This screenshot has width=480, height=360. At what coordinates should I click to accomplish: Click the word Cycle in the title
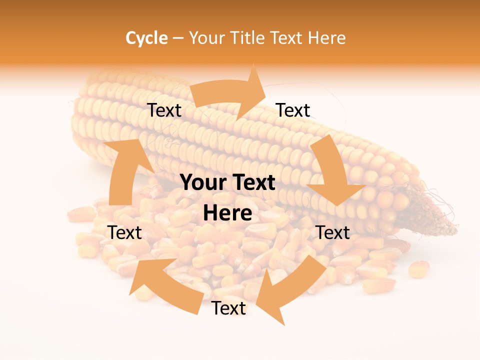click(x=146, y=38)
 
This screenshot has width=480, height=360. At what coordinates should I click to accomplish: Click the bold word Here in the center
click(x=227, y=213)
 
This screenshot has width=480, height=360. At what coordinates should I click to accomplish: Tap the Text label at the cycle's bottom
click(x=228, y=308)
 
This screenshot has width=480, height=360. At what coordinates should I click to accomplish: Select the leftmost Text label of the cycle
click(x=124, y=232)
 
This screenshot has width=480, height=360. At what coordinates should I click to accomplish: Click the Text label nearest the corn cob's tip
click(x=333, y=232)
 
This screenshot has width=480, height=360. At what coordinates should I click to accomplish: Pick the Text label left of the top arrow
click(x=164, y=110)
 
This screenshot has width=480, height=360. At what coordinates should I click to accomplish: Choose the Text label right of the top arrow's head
click(x=293, y=110)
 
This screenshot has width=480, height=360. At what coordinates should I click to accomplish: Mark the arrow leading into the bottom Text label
click(x=290, y=290)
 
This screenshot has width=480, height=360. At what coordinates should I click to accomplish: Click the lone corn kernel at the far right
click(x=419, y=269)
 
